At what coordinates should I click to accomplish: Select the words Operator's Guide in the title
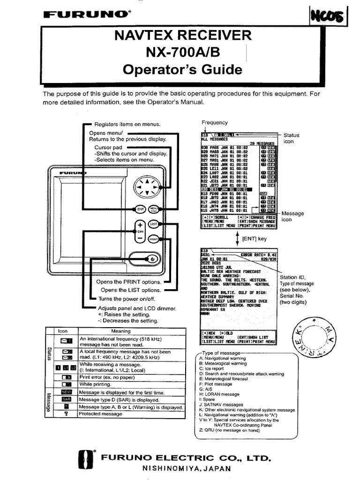pos(183,70)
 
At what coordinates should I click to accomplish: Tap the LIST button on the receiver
pos(154,225)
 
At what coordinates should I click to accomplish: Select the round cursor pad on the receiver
pos(147,187)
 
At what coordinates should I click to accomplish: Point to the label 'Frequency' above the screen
pos(215,123)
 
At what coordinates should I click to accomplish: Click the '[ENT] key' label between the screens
pos(254,239)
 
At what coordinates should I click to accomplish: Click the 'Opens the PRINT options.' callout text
pos(128,282)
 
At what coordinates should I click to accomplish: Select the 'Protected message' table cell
pos(101,414)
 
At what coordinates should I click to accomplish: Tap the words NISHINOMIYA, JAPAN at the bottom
pos(186,468)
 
